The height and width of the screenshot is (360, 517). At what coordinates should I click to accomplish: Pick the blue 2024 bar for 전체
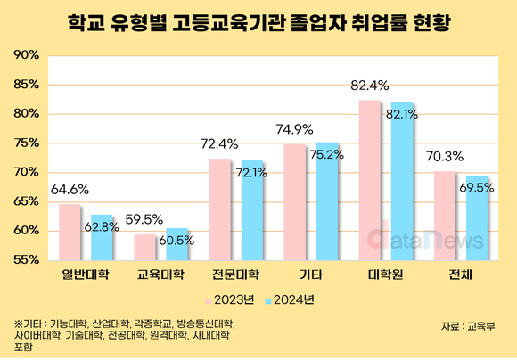pos(478,217)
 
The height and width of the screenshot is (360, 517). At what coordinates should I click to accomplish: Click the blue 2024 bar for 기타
pos(328,200)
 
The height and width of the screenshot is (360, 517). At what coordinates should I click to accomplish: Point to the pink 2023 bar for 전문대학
pos(219,209)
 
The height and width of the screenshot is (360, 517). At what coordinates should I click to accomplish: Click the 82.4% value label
pos(369,86)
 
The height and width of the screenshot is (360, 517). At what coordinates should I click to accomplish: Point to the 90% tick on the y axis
pos(27,55)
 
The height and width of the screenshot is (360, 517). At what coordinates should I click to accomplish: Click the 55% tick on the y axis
pos(27,259)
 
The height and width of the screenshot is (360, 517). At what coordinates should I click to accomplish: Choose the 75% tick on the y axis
pos(27,143)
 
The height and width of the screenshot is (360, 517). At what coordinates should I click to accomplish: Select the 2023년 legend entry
pos(230,299)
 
